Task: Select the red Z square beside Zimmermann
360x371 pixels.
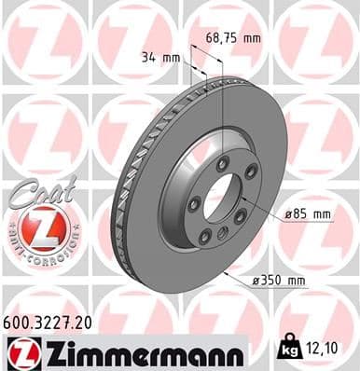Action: (x=19, y=351)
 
